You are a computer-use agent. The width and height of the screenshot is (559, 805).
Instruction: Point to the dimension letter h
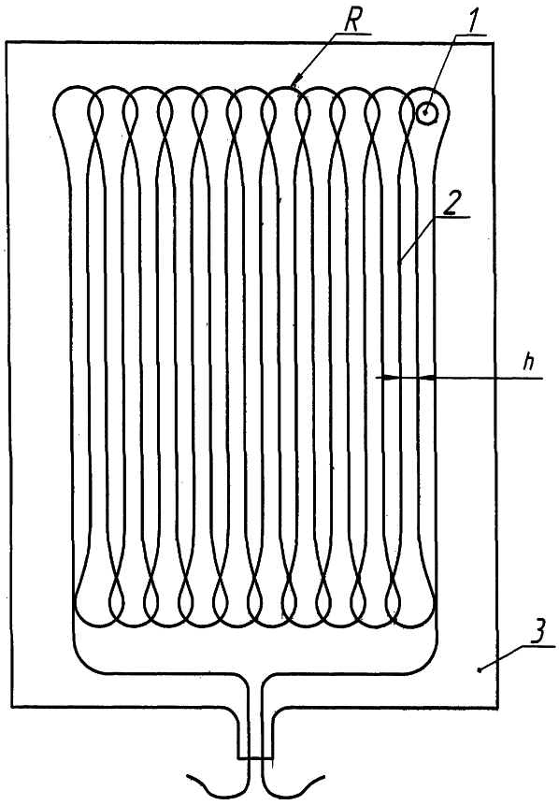(527, 363)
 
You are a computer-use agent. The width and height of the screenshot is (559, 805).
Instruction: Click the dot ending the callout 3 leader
(479, 669)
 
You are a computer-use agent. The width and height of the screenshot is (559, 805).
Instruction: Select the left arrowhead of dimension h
(391, 378)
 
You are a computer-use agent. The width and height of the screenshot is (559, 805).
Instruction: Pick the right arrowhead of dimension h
(426, 378)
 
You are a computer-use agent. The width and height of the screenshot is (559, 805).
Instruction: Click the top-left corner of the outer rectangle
(7, 43)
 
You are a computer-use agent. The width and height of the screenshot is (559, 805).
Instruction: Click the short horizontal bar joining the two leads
(255, 757)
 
